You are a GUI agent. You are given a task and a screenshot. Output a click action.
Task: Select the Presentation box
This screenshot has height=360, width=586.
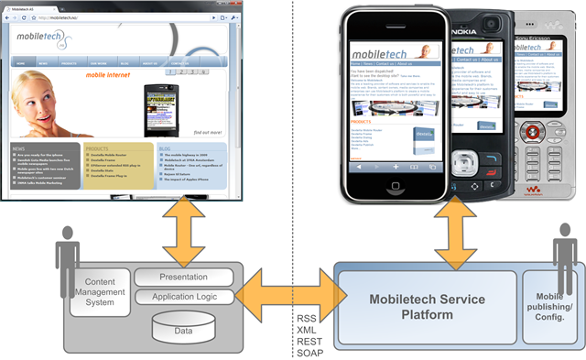coord(184,276)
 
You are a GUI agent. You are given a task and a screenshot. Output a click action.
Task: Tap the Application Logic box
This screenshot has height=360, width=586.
coord(184,297)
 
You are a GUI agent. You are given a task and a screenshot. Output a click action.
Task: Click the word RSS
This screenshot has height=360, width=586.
coord(307,318)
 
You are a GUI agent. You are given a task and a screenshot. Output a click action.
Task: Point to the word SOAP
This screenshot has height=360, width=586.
coord(309,353)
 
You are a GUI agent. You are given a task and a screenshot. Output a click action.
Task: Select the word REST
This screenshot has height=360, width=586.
coord(309,341)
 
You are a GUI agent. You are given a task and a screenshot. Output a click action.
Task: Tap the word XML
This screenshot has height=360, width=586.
coord(307,330)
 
